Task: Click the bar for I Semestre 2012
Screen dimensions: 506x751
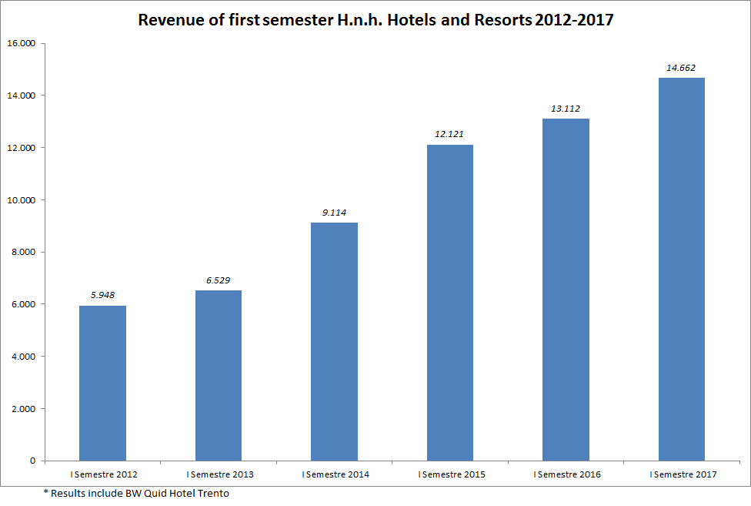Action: click(x=102, y=383)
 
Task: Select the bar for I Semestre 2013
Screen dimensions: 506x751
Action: click(x=219, y=375)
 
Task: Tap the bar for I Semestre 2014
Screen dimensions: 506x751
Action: click(x=334, y=341)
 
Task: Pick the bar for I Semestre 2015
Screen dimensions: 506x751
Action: click(x=450, y=303)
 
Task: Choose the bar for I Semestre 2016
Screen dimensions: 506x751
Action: click(x=566, y=290)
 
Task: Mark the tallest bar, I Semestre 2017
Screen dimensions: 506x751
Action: click(x=682, y=269)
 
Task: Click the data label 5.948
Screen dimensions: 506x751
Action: click(x=102, y=294)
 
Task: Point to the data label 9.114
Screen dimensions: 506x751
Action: click(x=334, y=212)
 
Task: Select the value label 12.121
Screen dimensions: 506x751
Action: click(x=450, y=134)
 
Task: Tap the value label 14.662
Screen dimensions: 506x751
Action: click(x=681, y=68)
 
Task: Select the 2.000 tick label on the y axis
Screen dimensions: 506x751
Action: click(x=23, y=409)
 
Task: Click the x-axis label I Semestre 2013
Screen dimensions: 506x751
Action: click(x=219, y=474)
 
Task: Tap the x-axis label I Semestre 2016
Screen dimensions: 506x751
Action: click(x=566, y=474)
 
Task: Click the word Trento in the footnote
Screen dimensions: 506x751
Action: click(x=215, y=493)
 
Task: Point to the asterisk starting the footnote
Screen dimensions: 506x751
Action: click(x=45, y=492)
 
